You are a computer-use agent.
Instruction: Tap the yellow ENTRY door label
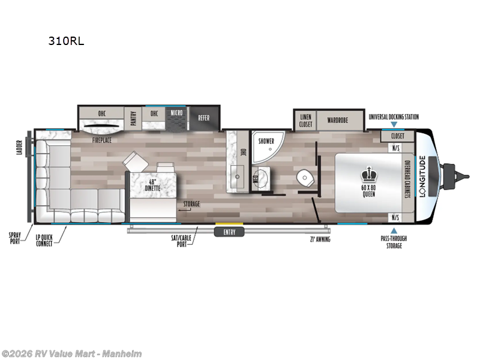(x=229, y=231)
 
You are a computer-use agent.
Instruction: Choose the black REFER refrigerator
(x=204, y=118)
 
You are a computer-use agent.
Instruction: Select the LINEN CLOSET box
(x=305, y=120)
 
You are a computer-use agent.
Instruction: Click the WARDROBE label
(x=338, y=120)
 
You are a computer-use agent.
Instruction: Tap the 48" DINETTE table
(x=152, y=182)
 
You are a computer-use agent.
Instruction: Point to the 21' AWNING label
(x=320, y=239)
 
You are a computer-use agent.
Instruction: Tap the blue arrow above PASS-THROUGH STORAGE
(x=394, y=230)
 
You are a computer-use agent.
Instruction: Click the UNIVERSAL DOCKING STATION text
(x=394, y=117)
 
